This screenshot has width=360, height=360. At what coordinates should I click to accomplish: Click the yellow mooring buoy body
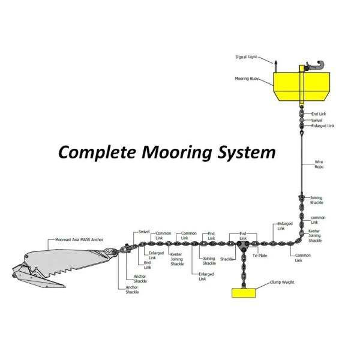point(300,87)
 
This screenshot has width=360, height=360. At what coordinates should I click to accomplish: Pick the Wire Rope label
point(320,164)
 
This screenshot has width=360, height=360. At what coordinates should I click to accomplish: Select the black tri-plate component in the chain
point(243,245)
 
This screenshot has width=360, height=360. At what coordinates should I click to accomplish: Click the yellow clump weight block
point(244,293)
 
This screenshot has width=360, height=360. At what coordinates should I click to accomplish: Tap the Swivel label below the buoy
point(317,120)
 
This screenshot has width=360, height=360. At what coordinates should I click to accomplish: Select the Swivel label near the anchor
point(144,231)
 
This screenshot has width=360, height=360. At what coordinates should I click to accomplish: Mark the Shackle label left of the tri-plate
point(226,259)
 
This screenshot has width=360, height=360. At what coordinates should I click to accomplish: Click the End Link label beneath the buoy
point(318,113)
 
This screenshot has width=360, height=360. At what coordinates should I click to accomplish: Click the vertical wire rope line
point(300,162)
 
